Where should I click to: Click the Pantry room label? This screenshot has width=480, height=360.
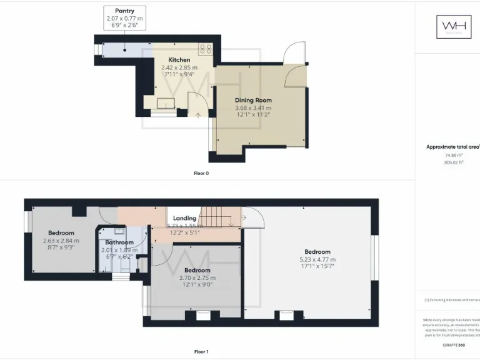[x=124, y=11]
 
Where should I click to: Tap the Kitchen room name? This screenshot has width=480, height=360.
[x=179, y=60]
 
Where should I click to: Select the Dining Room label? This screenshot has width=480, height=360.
[x=253, y=100]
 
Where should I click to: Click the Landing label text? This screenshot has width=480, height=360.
[x=184, y=218]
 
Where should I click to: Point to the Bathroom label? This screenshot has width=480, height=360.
[x=119, y=242]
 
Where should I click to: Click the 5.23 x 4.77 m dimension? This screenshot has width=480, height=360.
[x=317, y=259]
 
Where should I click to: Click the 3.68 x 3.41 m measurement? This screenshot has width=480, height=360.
[x=253, y=107]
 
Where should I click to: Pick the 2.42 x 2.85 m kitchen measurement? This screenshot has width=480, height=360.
[x=179, y=67]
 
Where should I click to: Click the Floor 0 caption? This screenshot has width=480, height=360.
[x=201, y=173]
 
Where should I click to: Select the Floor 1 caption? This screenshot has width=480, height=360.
[x=201, y=352]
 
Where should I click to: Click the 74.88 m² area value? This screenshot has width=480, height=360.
[x=454, y=155]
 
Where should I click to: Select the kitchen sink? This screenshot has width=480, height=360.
[x=166, y=104]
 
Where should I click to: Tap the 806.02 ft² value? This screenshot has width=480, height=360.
[x=454, y=162]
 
